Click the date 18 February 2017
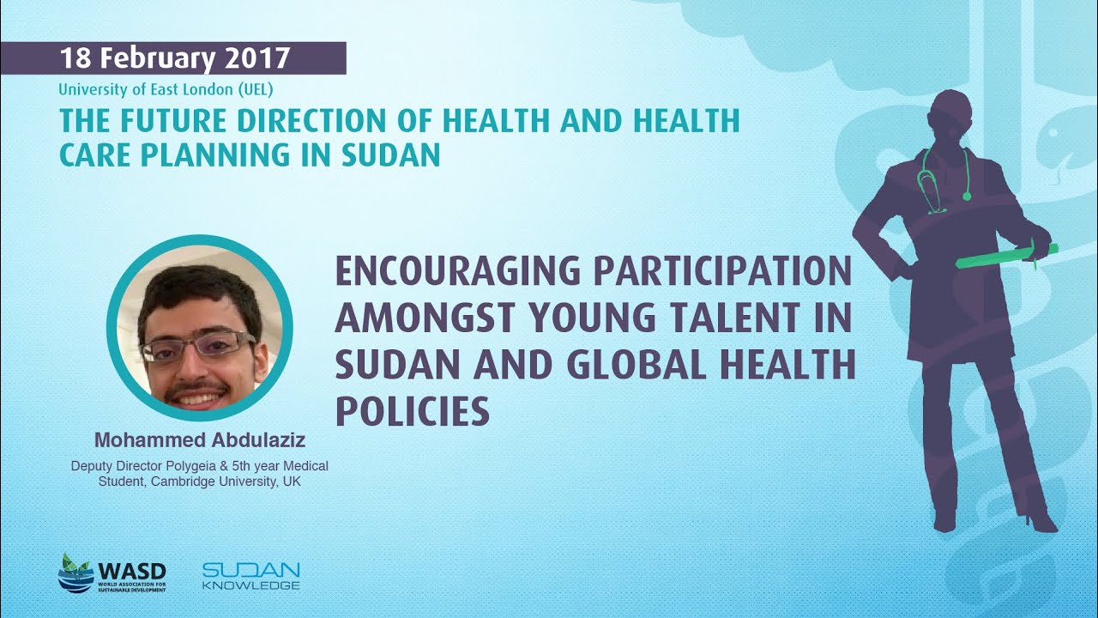pyautogui.click(x=175, y=58)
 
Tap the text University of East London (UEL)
pyautogui.click(x=166, y=90)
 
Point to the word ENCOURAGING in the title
pyautogui.click(x=457, y=271)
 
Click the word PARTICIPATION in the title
pyautogui.click(x=724, y=271)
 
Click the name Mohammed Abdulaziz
pyautogui.click(x=200, y=440)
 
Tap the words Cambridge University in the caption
pyautogui.click(x=214, y=482)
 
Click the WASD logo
pyautogui.click(x=112, y=573)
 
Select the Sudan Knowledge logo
pyautogui.click(x=251, y=576)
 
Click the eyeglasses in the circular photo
pyautogui.click(x=197, y=348)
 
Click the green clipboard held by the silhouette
pyautogui.click(x=1005, y=256)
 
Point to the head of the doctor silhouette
pyautogui.click(x=950, y=117)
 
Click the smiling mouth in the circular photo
pyautogui.click(x=198, y=396)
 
